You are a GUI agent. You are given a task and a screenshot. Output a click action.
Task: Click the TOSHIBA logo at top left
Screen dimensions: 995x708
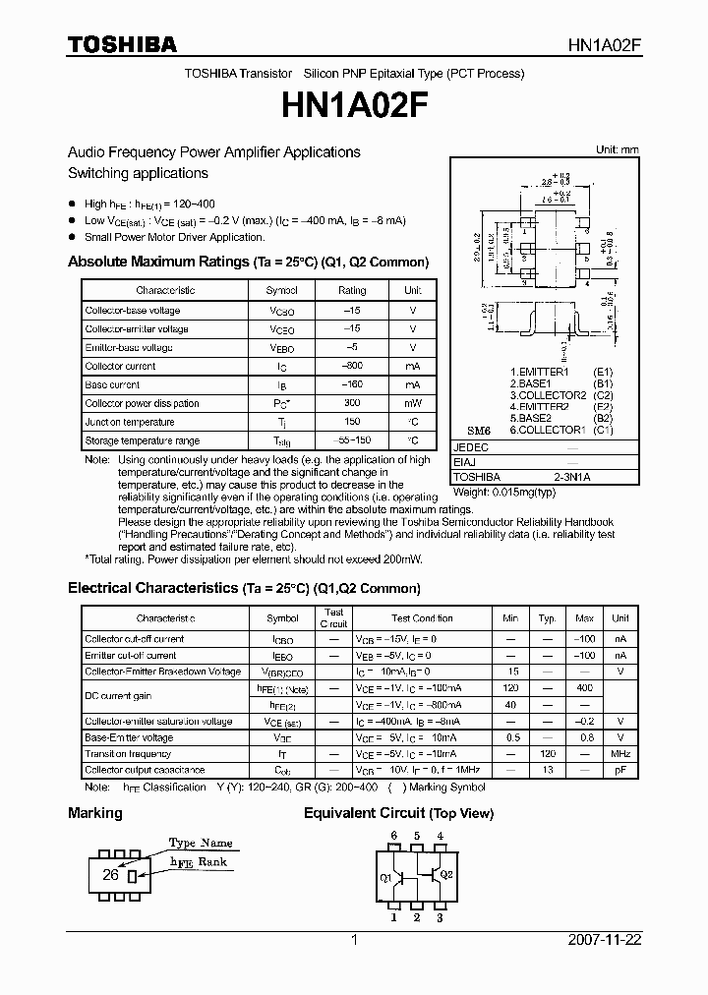coord(122,45)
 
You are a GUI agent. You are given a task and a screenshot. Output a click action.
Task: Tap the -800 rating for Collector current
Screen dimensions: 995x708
coord(351,367)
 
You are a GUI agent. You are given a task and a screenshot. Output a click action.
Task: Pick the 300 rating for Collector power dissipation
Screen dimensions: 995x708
coord(351,404)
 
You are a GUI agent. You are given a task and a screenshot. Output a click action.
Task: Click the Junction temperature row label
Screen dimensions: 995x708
coord(130,423)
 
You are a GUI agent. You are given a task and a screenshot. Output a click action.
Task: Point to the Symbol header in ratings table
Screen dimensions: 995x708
coord(281,291)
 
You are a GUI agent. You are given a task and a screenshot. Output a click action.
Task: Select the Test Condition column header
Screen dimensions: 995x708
coord(421,619)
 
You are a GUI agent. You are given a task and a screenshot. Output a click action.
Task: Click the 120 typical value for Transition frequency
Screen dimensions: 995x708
coord(547,754)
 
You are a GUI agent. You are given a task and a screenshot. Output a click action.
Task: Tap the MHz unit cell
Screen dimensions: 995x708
coord(619,754)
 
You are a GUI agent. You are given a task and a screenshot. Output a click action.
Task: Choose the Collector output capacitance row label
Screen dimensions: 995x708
coord(145,771)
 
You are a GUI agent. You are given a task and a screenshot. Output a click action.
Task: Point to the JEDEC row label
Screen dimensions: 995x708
coord(470,447)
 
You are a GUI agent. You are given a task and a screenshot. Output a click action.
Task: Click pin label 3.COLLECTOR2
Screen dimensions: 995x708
coord(548,395)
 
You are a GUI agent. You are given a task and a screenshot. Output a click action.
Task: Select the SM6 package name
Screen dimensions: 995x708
coord(478,431)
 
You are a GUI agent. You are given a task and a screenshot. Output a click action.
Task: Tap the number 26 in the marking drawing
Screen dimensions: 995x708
coord(111,874)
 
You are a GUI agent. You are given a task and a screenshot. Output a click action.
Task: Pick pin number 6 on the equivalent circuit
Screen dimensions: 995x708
coord(394,836)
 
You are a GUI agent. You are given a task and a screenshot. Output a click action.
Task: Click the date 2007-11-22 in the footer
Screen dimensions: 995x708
coord(605,940)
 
